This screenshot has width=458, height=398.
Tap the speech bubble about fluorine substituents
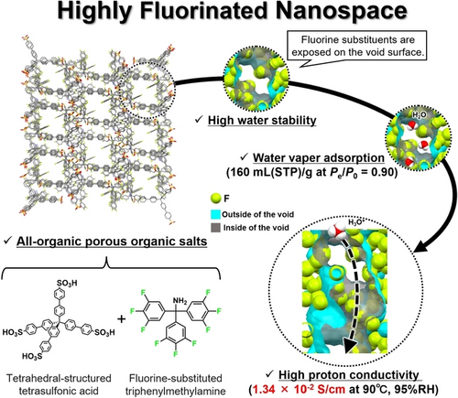358,46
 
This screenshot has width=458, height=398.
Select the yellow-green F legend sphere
216,199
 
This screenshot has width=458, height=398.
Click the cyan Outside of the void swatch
215,214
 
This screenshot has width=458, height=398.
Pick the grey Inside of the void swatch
215,228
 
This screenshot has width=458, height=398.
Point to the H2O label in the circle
419,115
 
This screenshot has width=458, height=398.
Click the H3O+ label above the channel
356,222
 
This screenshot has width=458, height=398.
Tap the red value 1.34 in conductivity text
264,389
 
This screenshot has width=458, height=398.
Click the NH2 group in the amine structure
180,301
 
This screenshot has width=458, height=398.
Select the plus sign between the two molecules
122,319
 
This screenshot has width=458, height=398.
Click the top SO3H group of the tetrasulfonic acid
67,283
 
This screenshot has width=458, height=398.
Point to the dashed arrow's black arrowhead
350,346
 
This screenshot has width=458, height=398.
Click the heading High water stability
262,121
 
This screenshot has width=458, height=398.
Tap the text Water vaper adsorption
319,158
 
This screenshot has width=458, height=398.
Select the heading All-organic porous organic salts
112,242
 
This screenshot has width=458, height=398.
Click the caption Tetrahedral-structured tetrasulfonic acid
59,384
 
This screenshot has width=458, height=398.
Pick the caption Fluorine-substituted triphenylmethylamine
176,384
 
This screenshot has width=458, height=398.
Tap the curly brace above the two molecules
111,267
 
